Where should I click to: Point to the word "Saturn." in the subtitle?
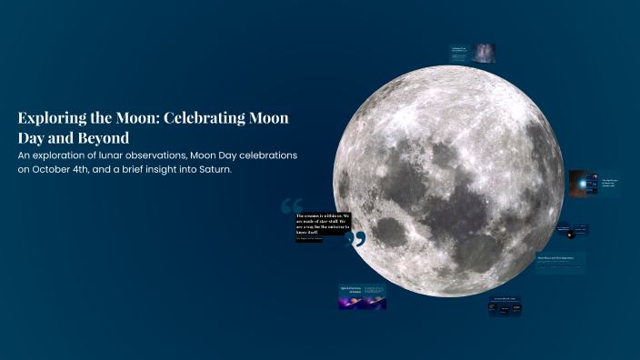(x=211, y=172)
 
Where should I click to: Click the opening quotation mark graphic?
(x=291, y=205)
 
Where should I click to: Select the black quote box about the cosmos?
(x=322, y=224)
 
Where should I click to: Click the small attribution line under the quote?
(x=310, y=239)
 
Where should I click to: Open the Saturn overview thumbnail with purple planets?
(x=363, y=296)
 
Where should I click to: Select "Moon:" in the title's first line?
(x=147, y=118)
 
